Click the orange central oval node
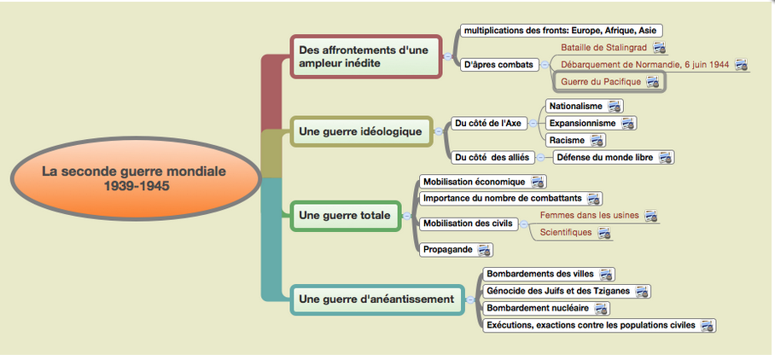click(136, 178)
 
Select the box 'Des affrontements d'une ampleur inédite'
click(365, 56)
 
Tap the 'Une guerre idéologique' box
click(361, 131)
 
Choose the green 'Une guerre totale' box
click(345, 215)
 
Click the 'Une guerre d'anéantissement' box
click(377, 299)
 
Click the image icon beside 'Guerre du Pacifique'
click(652, 82)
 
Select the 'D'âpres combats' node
click(499, 65)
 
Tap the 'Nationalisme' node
click(584, 106)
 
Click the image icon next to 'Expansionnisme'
click(627, 123)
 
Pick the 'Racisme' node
click(575, 140)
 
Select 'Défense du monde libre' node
click(613, 158)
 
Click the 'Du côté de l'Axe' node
click(488, 124)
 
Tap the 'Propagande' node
click(456, 249)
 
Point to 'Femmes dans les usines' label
click(589, 215)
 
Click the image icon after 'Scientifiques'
click(604, 232)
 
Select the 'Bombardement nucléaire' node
click(545, 308)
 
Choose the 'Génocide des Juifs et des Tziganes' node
click(567, 291)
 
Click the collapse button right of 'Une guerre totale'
click(407, 216)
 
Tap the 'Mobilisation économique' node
click(483, 182)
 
